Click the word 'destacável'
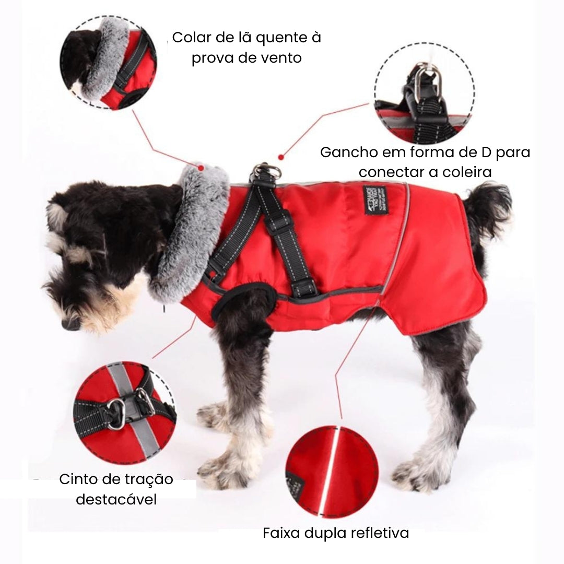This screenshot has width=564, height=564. click(116, 499)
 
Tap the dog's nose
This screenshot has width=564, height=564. click(68, 324)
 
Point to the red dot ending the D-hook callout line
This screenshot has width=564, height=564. click(280, 156)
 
